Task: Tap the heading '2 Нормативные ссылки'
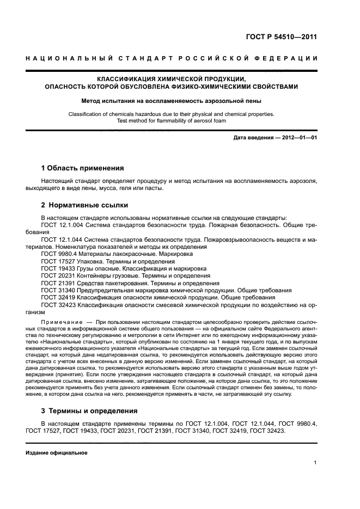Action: (x=84, y=206)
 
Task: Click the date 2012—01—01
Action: (x=297, y=138)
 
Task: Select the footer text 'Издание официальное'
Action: (x=57, y=452)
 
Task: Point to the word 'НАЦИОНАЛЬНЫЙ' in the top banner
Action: (x=71, y=58)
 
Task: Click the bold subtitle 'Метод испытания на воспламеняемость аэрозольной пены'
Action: (x=171, y=101)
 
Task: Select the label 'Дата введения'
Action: (x=253, y=138)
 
